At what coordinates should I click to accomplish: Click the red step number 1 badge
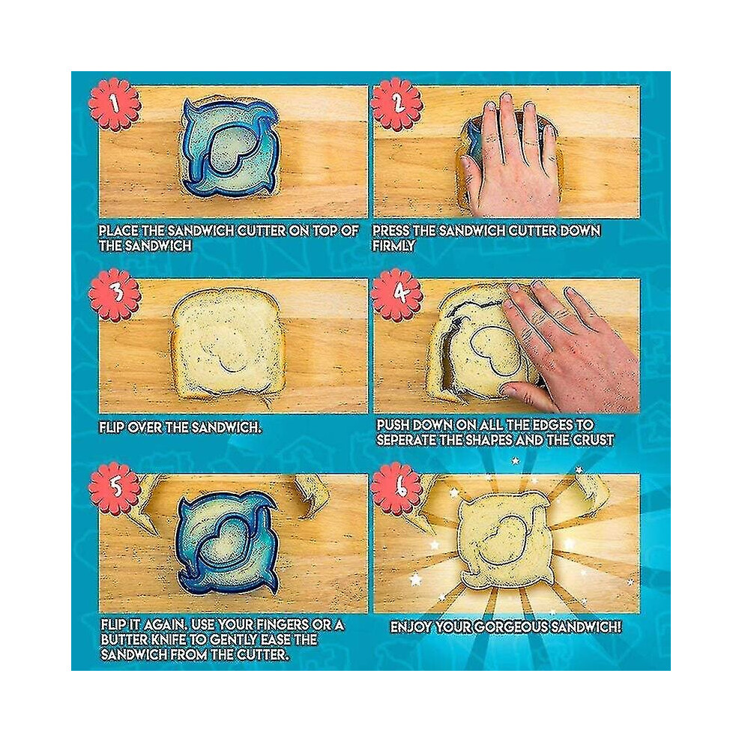coord(115,105)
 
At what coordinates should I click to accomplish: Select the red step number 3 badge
coord(115,295)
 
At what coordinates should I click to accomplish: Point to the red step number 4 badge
coord(396,295)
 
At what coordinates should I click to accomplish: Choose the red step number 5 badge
coord(115,489)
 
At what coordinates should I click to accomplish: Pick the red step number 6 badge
coord(396,489)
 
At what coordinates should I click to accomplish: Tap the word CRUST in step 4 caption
coord(594,440)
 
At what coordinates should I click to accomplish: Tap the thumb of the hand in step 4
coord(526,397)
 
